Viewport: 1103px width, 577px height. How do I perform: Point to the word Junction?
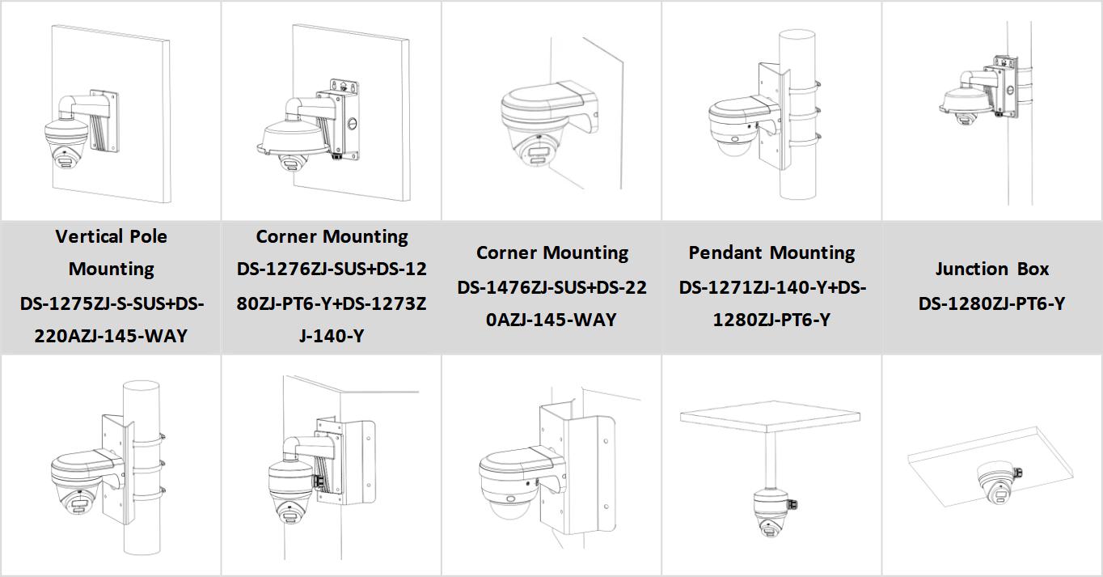click(971, 269)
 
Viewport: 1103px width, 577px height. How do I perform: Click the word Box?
click(1033, 269)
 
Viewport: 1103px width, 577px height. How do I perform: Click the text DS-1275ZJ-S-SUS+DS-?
click(112, 303)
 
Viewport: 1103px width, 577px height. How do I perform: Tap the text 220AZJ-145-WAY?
click(111, 336)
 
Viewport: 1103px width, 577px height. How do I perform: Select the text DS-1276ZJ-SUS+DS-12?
click(332, 269)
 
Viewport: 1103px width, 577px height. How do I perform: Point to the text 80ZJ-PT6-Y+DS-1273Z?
click(332, 303)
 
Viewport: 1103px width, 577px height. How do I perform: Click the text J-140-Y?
click(332, 336)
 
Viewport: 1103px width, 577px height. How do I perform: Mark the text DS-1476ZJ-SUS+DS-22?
click(551, 288)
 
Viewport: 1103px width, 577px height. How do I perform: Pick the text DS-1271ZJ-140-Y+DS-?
click(772, 288)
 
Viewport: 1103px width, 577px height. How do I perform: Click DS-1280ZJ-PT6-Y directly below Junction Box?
click(991, 303)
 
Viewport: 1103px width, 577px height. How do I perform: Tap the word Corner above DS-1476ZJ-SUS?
click(506, 252)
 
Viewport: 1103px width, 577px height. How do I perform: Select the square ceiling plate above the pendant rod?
click(770, 417)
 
